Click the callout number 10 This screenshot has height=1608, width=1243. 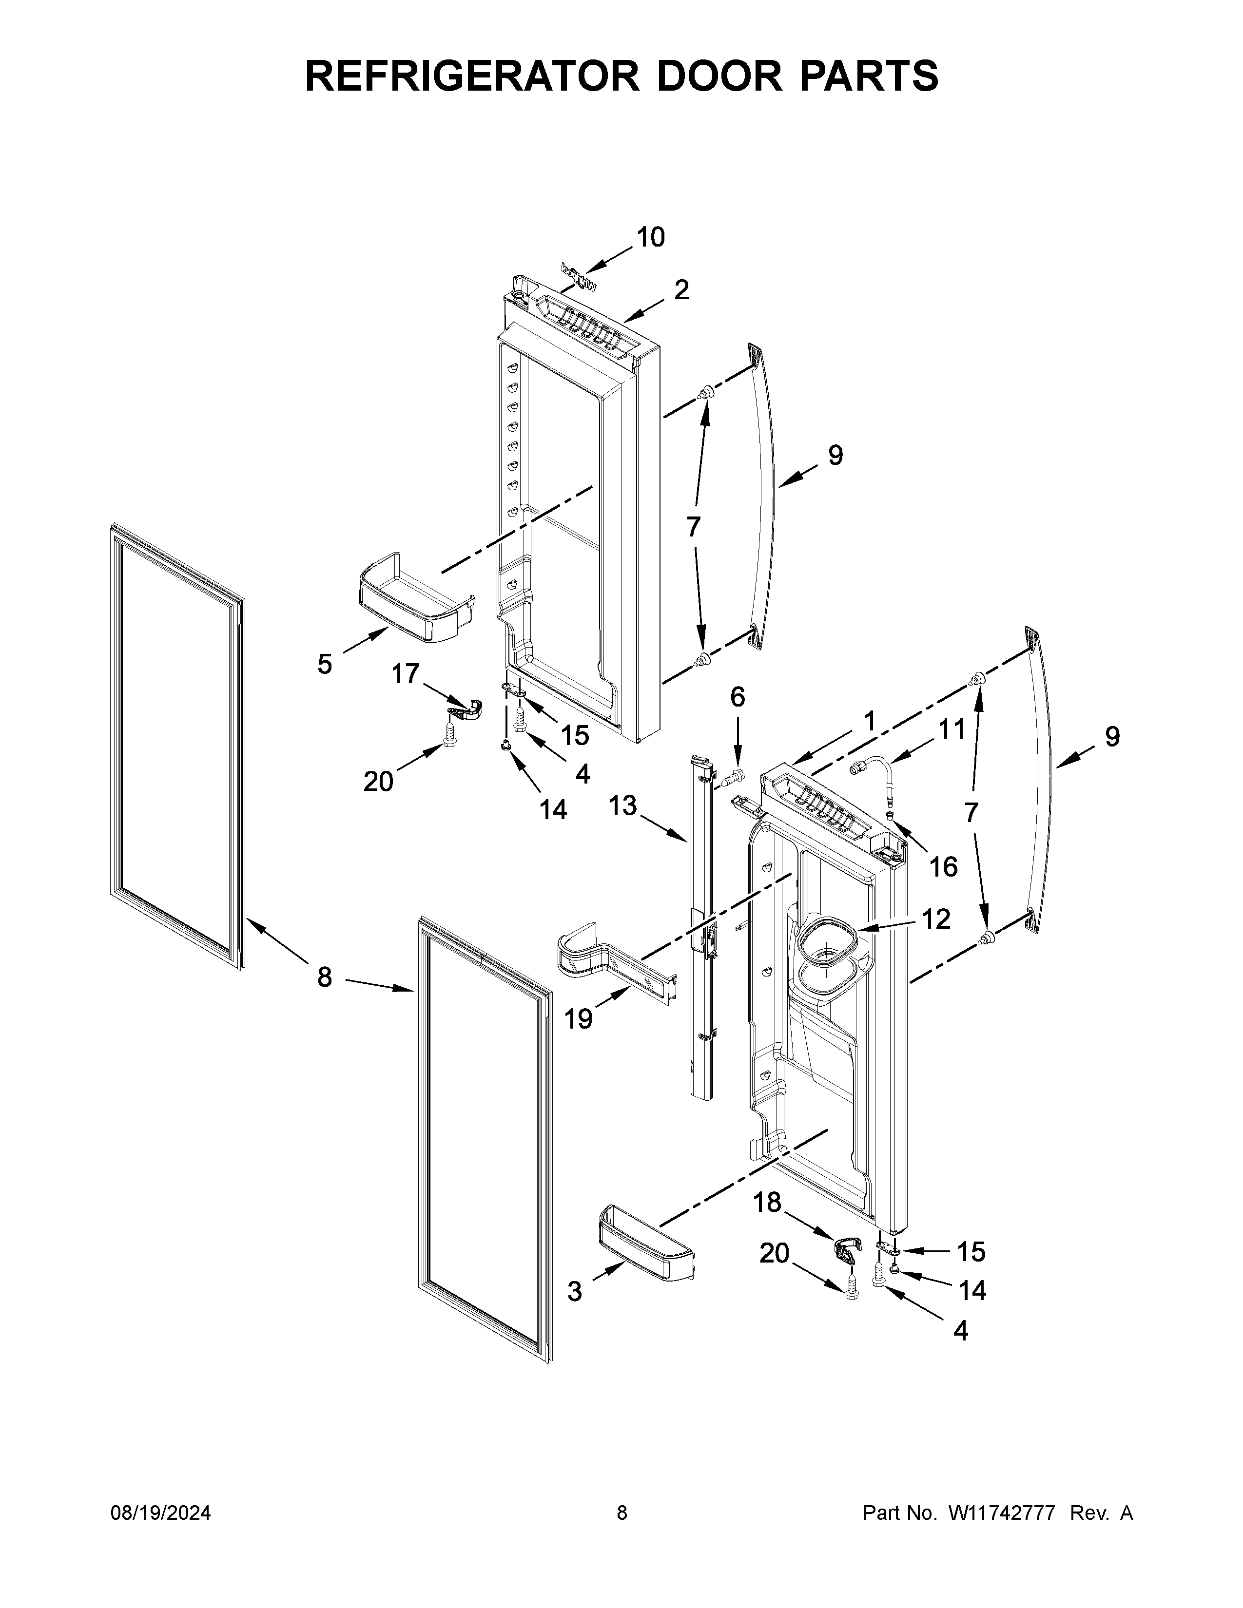[650, 237]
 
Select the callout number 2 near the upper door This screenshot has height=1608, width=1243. [681, 290]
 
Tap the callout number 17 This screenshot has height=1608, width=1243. [405, 673]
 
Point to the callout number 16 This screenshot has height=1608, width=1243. [943, 866]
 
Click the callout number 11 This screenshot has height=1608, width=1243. [952, 729]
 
